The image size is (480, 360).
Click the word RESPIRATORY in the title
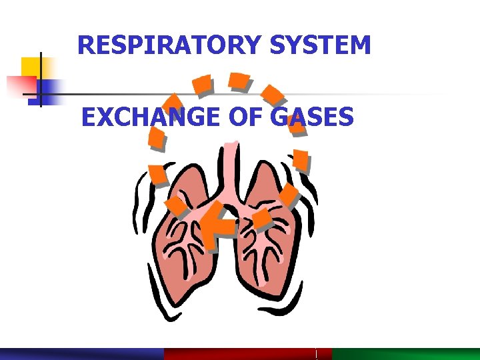169,45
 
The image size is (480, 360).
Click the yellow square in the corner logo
31,67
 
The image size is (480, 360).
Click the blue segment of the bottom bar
80,353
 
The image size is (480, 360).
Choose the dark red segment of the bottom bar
240,353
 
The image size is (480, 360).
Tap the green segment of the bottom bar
407,353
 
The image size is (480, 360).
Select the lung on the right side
267,253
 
